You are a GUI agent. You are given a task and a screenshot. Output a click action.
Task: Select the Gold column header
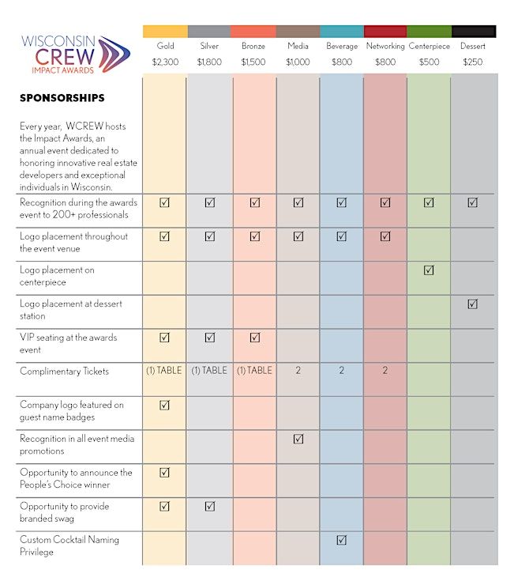(x=165, y=46)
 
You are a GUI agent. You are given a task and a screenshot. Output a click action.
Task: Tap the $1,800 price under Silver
(x=209, y=62)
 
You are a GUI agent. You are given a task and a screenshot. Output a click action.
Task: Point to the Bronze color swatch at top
(x=253, y=32)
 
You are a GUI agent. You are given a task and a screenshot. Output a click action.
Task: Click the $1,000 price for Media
(x=298, y=62)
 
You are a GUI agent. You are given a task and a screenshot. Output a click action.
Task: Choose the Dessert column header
(x=473, y=46)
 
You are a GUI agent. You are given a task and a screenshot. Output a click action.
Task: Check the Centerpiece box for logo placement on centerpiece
(x=429, y=270)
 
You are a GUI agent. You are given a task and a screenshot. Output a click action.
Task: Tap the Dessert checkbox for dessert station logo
(x=472, y=304)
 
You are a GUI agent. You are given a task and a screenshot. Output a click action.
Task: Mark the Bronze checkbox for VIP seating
(x=254, y=338)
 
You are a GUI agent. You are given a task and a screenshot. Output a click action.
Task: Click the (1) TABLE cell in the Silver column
(x=209, y=371)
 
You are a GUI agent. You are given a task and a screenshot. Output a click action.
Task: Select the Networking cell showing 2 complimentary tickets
(x=385, y=371)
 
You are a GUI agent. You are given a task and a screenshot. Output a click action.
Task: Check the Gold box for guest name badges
(x=165, y=406)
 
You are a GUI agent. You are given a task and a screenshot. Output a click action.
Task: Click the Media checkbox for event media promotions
(x=298, y=439)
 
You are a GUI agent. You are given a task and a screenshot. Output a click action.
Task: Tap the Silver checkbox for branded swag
(x=209, y=507)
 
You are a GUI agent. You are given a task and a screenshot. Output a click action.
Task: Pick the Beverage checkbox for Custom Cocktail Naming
(x=341, y=541)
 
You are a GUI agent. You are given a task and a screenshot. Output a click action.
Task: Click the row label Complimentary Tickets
(x=65, y=372)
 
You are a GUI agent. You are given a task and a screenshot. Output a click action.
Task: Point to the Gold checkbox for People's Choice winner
(x=165, y=473)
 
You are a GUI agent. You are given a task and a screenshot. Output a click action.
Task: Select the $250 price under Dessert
(x=473, y=62)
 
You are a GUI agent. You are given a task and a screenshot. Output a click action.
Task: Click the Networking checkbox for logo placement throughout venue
(x=385, y=236)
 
